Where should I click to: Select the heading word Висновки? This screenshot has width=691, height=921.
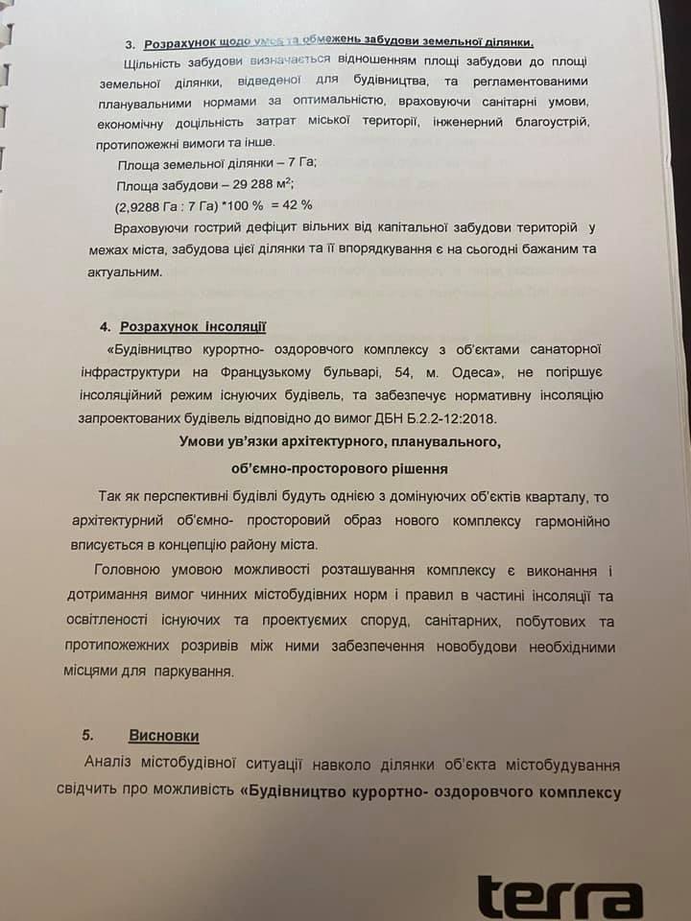164,736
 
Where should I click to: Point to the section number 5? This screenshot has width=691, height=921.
87,736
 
